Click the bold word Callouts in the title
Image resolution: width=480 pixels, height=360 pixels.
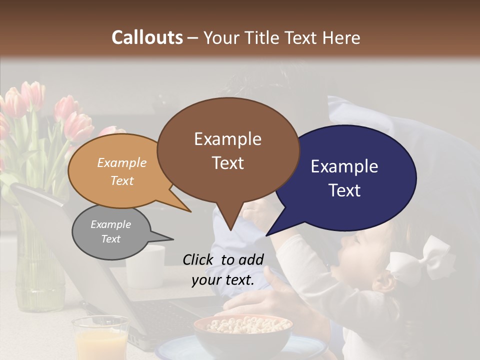147,37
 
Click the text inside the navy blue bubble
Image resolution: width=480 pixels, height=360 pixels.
344,178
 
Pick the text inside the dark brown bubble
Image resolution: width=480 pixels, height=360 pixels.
227,150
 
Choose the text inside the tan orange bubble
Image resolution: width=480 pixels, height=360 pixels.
122,171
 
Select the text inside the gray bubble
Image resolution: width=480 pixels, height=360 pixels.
110,231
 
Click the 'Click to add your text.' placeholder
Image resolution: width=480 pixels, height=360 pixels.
223,270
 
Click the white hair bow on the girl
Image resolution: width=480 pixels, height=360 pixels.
420,257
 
